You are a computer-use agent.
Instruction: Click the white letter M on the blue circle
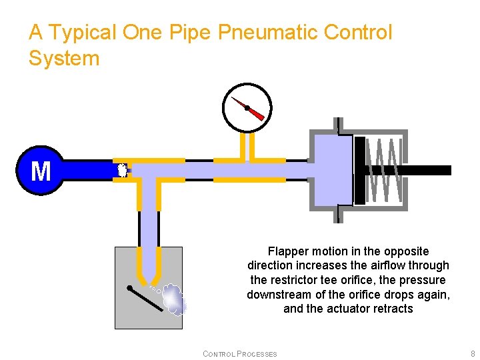pos(41,171)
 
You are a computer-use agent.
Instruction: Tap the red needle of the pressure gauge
pos(256,114)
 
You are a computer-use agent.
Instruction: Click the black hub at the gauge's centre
pos(247,107)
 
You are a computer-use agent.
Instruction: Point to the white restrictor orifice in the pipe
pos(122,170)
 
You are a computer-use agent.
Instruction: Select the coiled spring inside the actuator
pos(385,170)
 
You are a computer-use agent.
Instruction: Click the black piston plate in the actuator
pos(360,170)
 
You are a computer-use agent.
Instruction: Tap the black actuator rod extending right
pos(427,170)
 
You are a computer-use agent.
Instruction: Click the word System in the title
pos(64,59)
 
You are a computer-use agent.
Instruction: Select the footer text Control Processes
pos(239,353)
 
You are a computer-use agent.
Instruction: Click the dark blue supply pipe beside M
pos(87,170)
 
